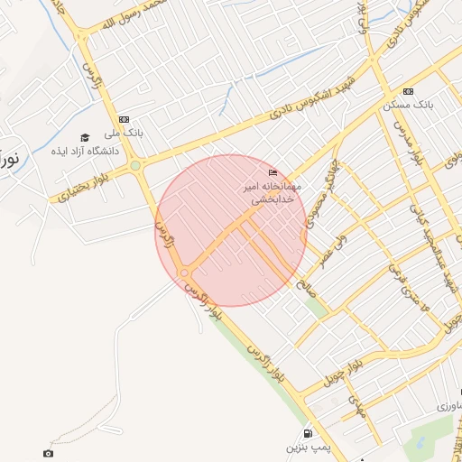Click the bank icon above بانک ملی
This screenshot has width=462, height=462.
(124, 119)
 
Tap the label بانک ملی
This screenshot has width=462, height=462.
(124, 134)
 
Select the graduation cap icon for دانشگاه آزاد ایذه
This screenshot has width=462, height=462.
(85, 138)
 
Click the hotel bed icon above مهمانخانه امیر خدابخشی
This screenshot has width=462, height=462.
(273, 172)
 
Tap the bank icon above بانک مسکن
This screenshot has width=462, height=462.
(409, 91)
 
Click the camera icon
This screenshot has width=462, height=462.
(48, 453)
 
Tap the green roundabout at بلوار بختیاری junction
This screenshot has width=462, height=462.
(135, 165)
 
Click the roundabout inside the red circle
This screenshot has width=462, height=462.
(184, 273)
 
